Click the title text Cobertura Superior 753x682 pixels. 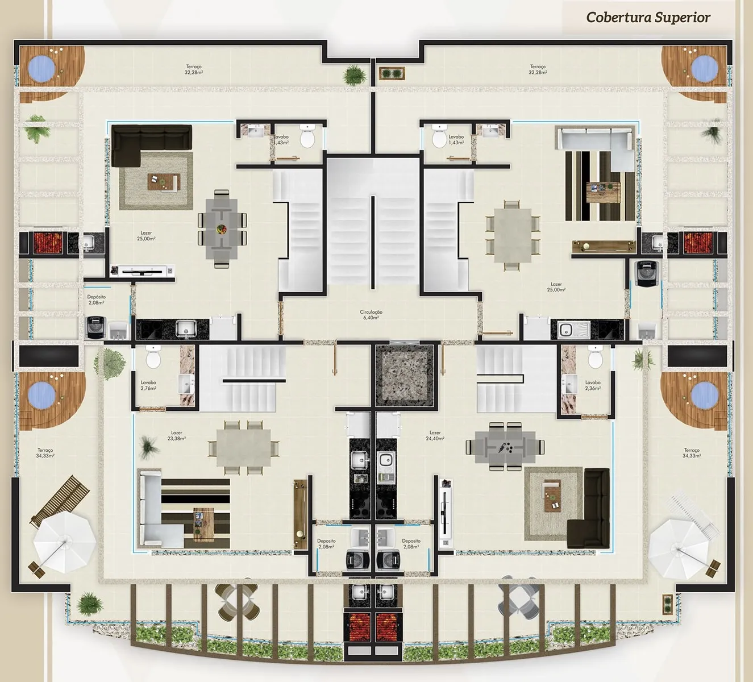pyautogui.click(x=648, y=17)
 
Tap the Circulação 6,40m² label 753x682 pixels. pyautogui.click(x=371, y=315)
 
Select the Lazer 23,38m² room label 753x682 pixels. pyautogui.click(x=177, y=436)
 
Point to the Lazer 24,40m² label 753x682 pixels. pyautogui.click(x=435, y=436)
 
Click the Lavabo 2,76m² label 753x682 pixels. pyautogui.click(x=148, y=385)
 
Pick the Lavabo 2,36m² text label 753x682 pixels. pyautogui.click(x=593, y=385)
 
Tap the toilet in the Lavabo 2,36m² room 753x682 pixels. pyautogui.click(x=595, y=358)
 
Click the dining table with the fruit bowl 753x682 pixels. pyautogui.click(x=222, y=228)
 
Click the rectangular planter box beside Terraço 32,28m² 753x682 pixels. pyautogui.click(x=392, y=73)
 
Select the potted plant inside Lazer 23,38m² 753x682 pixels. pyautogui.click(x=149, y=445)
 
